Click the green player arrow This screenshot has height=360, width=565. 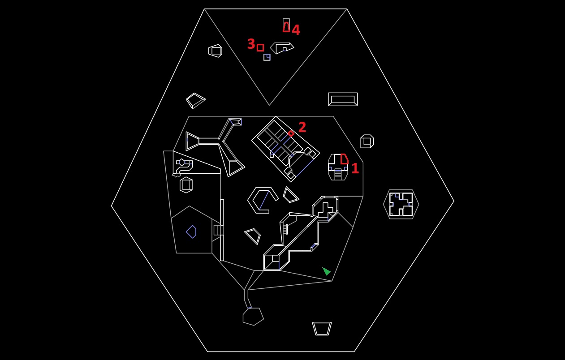(326, 271)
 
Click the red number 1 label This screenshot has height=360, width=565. (355, 168)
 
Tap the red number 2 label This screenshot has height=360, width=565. (302, 127)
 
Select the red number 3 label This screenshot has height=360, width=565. (251, 44)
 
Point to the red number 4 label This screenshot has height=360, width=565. (296, 30)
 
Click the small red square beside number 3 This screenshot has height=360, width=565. (260, 47)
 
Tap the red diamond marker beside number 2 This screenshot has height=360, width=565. (291, 133)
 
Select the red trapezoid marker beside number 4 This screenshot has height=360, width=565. (286, 27)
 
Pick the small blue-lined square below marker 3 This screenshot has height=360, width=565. (267, 57)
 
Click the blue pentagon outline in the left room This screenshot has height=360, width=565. (191, 231)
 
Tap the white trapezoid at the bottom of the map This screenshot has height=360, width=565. (322, 329)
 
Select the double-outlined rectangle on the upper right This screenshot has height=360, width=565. (343, 99)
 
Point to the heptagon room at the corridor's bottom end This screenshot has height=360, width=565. (253, 317)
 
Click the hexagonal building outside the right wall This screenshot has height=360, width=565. (401, 204)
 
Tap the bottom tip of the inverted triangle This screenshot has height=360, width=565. (269, 105)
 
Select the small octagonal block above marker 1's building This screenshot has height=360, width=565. (367, 141)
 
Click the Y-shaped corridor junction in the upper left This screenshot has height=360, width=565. (221, 141)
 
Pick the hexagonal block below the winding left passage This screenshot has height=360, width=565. (186, 185)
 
